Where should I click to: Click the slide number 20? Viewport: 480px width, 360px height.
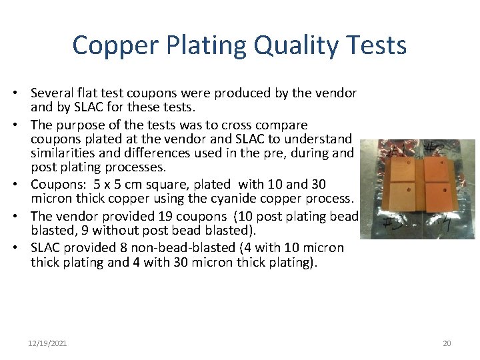coord(447,343)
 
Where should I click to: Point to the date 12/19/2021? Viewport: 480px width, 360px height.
coord(47,343)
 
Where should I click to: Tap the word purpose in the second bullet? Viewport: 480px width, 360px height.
coord(81,125)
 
